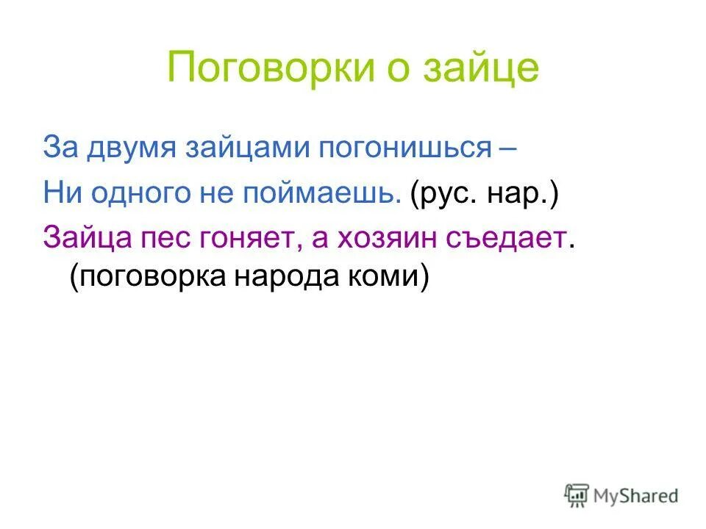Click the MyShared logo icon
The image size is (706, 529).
[578, 496]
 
